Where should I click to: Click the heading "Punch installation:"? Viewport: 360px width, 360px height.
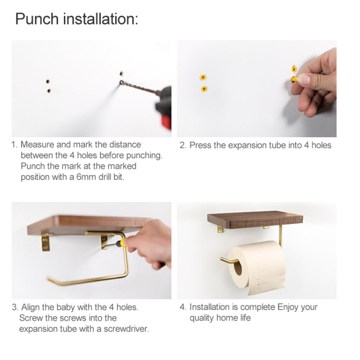pos(77,19)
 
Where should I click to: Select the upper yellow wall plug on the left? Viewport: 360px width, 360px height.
pos(203,77)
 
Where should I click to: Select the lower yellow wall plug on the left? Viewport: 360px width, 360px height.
pos(204,89)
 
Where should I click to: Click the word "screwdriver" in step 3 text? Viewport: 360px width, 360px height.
pos(126,329)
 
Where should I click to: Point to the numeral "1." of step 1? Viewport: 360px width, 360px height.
pos(15,144)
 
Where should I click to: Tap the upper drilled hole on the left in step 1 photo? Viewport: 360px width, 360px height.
pos(48,81)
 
